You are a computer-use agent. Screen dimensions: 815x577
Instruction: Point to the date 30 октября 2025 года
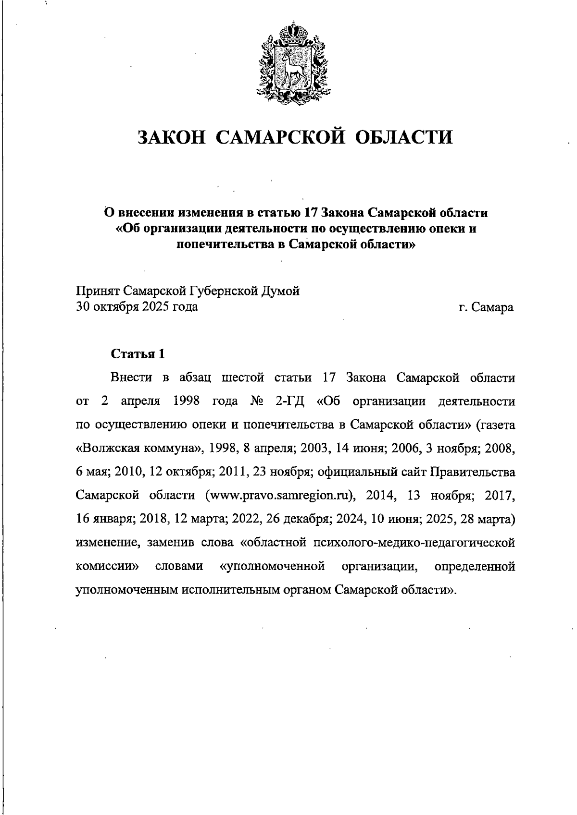click(x=137, y=306)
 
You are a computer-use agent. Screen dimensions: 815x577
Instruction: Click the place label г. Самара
click(x=486, y=307)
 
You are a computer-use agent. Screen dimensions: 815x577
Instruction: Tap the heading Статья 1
click(x=138, y=354)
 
